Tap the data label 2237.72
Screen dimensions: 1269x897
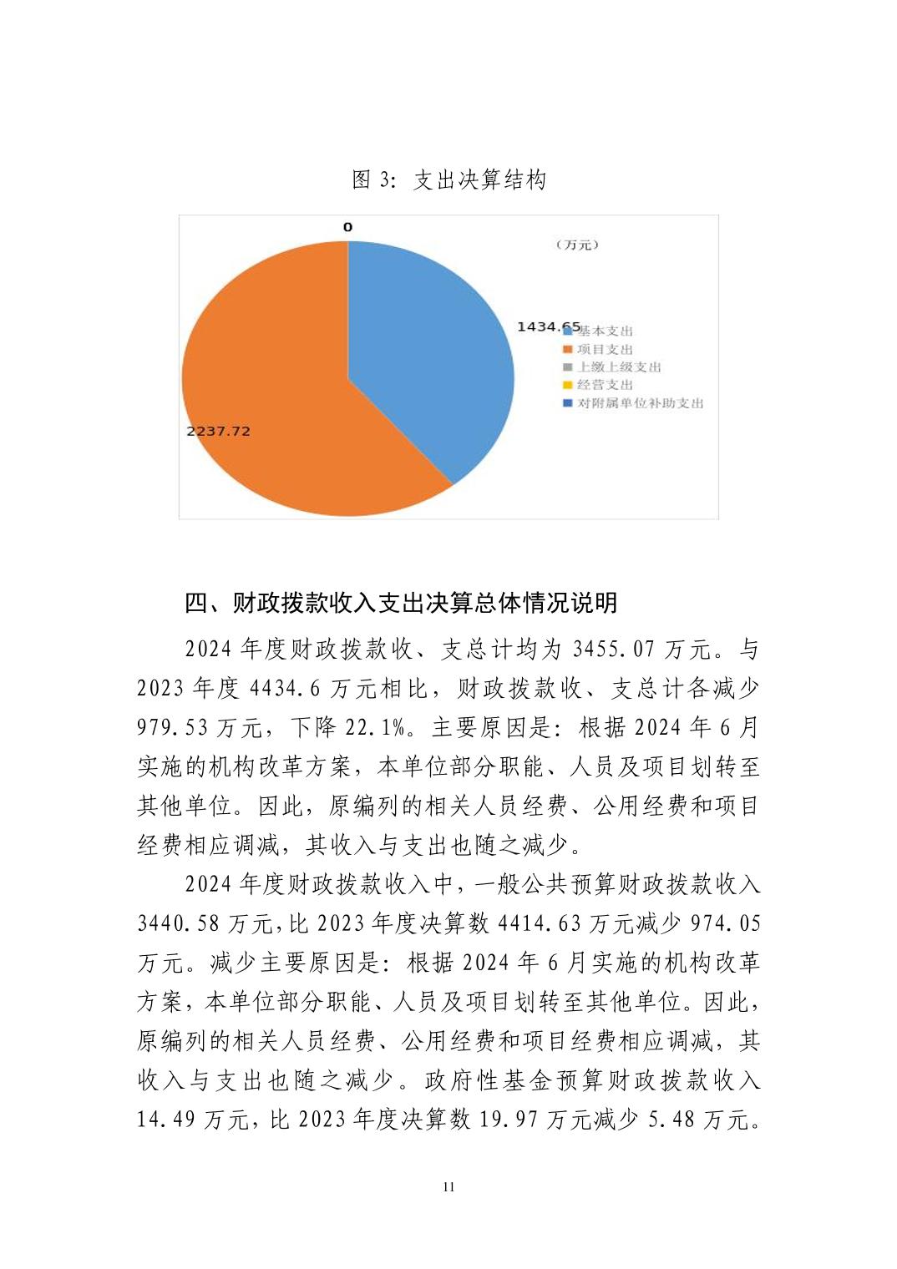point(218,431)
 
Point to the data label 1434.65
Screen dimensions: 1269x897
point(548,326)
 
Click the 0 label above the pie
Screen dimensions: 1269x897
point(347,227)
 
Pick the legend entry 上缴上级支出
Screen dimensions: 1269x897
point(618,367)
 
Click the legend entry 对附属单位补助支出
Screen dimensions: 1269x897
point(640,403)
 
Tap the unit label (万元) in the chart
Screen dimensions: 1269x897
point(577,245)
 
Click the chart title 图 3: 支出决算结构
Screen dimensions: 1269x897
point(448,179)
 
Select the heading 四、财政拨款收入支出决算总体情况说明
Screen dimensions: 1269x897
point(401,602)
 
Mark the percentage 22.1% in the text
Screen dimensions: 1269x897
point(379,727)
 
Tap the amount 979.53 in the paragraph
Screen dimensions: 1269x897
point(173,727)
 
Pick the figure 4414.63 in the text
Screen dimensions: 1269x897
point(539,923)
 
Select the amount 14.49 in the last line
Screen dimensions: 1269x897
point(165,1120)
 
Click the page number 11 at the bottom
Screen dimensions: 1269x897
point(448,1187)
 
